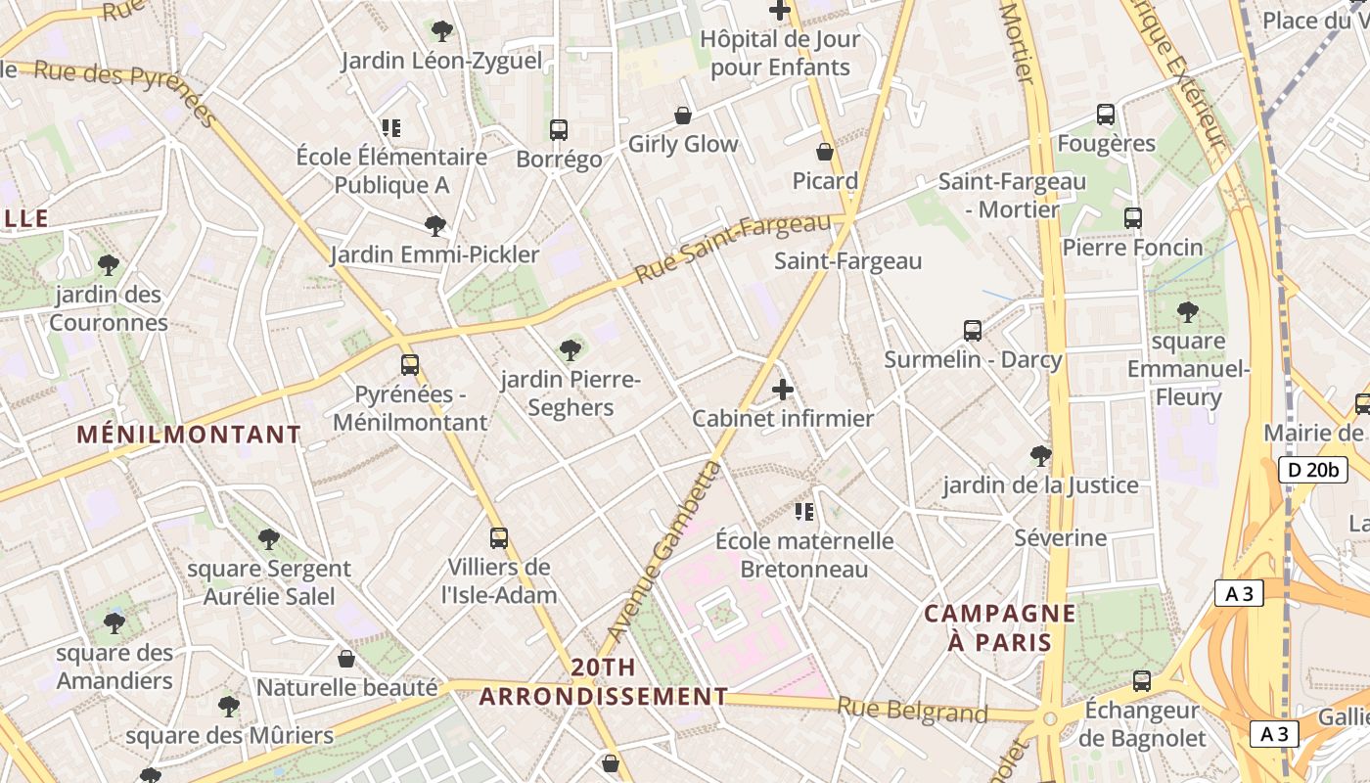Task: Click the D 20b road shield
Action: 1311,470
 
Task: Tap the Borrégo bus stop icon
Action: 559,129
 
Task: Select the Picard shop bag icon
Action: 825,152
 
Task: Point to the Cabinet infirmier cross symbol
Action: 783,390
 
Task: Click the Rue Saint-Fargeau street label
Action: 733,248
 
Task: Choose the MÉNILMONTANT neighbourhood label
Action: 189,435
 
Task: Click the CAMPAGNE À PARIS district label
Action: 1000,628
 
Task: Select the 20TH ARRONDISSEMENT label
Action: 604,682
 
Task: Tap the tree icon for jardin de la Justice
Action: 1041,455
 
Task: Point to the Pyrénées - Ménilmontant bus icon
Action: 410,365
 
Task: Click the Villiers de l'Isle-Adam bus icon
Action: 499,537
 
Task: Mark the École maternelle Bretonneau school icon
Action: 804,511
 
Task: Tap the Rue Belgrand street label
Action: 912,711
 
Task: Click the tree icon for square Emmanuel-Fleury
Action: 1188,312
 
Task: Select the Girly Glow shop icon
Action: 683,115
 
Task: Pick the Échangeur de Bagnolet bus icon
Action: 1141,680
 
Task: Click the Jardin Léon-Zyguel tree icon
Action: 442,30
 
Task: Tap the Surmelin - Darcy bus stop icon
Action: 973,330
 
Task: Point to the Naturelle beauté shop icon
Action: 345,659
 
